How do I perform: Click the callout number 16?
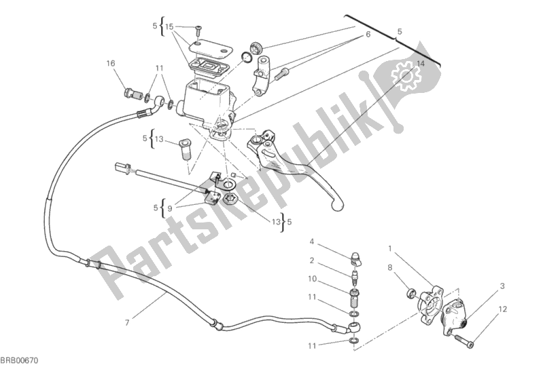pyautogui.click(x=111, y=63)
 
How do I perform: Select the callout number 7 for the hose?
pyautogui.click(x=127, y=323)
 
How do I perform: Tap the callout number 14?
pyautogui.click(x=421, y=64)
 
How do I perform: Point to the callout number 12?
pyautogui.click(x=503, y=309)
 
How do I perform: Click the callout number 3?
pyautogui.click(x=502, y=286)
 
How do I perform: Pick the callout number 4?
pyautogui.click(x=312, y=242)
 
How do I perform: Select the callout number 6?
pyautogui.click(x=368, y=34)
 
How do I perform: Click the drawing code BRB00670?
pyautogui.click(x=20, y=360)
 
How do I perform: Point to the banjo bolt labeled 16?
pyautogui.click(x=133, y=94)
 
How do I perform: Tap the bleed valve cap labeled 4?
pyautogui.click(x=355, y=258)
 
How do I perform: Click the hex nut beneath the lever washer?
pyautogui.click(x=229, y=199)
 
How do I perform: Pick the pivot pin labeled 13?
pyautogui.click(x=186, y=150)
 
